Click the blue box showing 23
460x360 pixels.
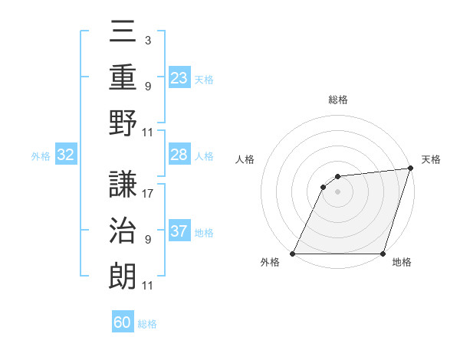[179, 77]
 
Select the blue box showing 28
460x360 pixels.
[179, 155]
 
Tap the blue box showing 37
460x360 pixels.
[179, 231]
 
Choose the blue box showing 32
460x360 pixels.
[66, 155]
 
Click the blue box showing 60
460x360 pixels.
[123, 322]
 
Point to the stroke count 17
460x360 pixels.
[148, 194]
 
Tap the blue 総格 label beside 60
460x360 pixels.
[147, 324]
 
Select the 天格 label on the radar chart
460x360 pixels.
[431, 159]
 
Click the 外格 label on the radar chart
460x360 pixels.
[270, 262]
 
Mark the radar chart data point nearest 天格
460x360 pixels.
[410, 169]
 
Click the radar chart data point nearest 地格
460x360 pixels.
[383, 254]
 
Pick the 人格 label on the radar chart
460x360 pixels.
[245, 159]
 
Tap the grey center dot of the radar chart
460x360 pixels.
[337, 192]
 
